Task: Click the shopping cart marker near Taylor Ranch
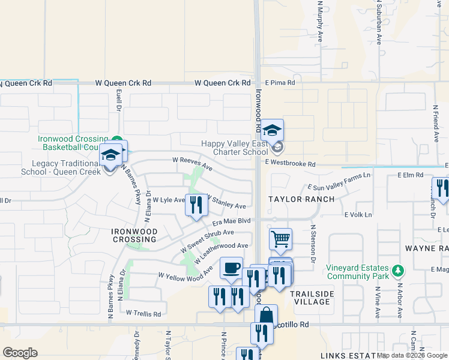click(x=280, y=239)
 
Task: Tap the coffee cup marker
click(x=231, y=268)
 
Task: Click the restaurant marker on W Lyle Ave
click(x=196, y=205)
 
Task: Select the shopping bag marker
click(x=266, y=316)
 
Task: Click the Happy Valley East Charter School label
click(x=235, y=148)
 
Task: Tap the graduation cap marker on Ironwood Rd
click(x=272, y=130)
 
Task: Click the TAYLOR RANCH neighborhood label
click(x=294, y=199)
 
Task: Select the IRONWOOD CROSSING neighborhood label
click(x=134, y=235)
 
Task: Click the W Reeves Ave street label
click(x=192, y=163)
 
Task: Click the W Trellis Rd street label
click(x=143, y=313)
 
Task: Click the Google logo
click(x=19, y=353)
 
